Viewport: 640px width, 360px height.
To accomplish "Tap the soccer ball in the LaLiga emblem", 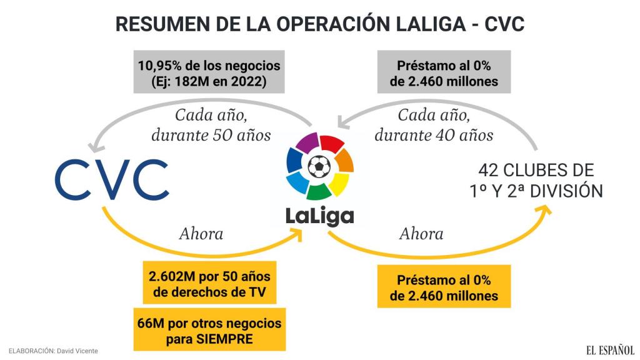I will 319,166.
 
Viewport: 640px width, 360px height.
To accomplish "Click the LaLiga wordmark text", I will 319,216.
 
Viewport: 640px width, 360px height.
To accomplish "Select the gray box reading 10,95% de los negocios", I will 209,73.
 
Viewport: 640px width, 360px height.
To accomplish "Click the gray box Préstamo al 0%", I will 444,73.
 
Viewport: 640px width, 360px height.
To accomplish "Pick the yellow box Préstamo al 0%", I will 444,287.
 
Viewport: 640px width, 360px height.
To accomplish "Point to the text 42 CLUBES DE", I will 536,171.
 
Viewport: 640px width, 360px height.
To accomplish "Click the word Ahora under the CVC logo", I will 201,234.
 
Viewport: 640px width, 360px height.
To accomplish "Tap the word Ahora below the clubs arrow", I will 421,234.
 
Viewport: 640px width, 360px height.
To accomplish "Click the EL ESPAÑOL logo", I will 610,350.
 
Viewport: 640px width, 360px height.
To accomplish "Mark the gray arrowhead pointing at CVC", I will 96,147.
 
